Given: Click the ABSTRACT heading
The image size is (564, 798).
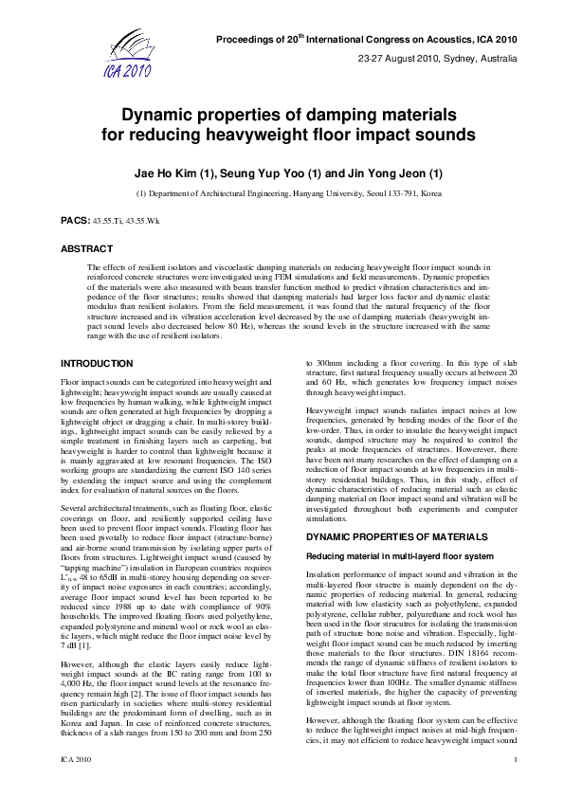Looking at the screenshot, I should [85, 249].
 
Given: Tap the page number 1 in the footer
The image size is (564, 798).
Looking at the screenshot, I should [513, 787].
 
